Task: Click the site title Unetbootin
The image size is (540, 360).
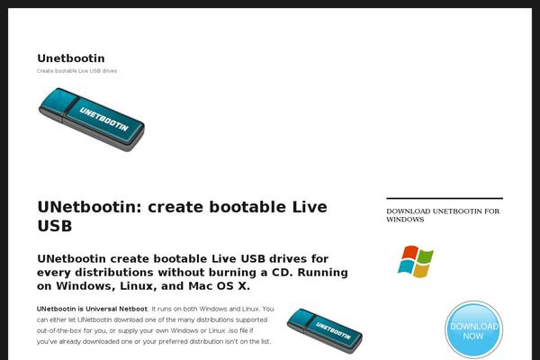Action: tap(71, 58)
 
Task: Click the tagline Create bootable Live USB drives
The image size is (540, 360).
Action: tap(76, 71)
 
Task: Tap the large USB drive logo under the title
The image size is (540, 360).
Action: tap(92, 120)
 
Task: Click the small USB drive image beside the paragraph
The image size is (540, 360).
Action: tap(324, 330)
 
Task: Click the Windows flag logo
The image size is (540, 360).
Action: tap(416, 262)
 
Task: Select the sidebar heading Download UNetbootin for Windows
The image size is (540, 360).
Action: tap(443, 215)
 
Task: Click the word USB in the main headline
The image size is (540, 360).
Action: tap(55, 226)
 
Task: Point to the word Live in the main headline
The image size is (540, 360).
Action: tap(310, 207)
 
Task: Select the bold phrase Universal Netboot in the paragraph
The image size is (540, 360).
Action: tap(116, 309)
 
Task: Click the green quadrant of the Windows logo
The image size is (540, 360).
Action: tap(426, 256)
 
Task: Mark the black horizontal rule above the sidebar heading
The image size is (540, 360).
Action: tap(445, 198)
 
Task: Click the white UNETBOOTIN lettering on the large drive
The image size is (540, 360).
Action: tap(103, 119)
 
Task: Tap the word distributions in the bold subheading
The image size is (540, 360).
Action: tap(114, 273)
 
